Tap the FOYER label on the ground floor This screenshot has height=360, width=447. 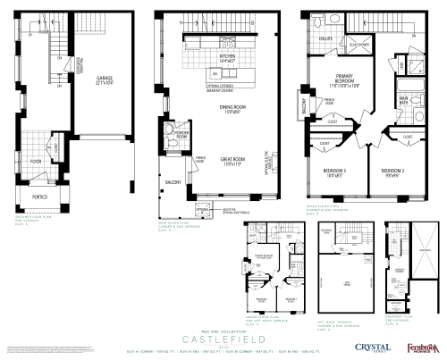(35, 162)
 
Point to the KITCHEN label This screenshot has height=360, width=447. (227, 57)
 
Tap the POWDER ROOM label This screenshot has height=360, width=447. (182, 137)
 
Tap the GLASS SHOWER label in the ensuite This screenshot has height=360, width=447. (358, 43)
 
